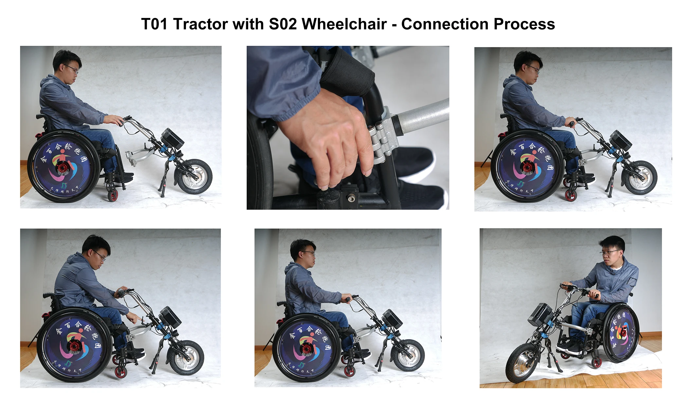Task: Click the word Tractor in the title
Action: pos(200,24)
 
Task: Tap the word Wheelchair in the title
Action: pos(344,24)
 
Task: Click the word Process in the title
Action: pos(524,24)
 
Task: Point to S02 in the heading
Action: pos(283,24)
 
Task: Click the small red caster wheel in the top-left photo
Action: pos(113,195)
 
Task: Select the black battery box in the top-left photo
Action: pos(172,138)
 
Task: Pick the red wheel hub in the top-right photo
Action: pos(527,167)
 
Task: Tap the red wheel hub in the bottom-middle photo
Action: pos(306,349)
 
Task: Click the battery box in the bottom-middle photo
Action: pos(392,319)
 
